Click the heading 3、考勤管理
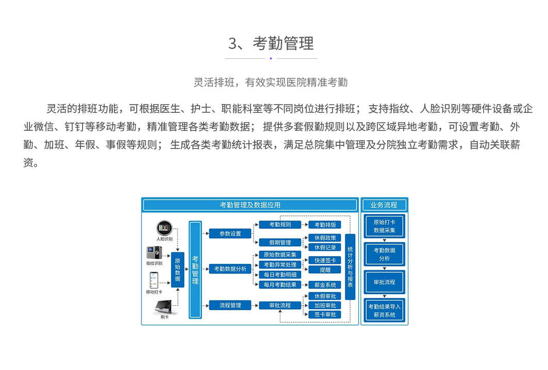coord(271,43)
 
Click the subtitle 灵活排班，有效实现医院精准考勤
coord(271,82)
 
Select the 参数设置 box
coord(230,233)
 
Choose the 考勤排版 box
coord(325,225)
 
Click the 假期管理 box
coord(280,243)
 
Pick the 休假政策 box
coord(325,238)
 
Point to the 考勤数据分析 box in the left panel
coord(230,268)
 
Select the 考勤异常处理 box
coord(280,265)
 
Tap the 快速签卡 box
coord(325,260)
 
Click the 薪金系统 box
coord(325,284)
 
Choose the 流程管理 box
coord(230,305)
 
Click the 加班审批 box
coord(325,305)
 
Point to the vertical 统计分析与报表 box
coord(350,267)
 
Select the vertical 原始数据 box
coord(177,269)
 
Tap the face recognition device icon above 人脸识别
coord(164,228)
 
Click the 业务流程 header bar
coord(384,205)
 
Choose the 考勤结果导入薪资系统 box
coord(384,310)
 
